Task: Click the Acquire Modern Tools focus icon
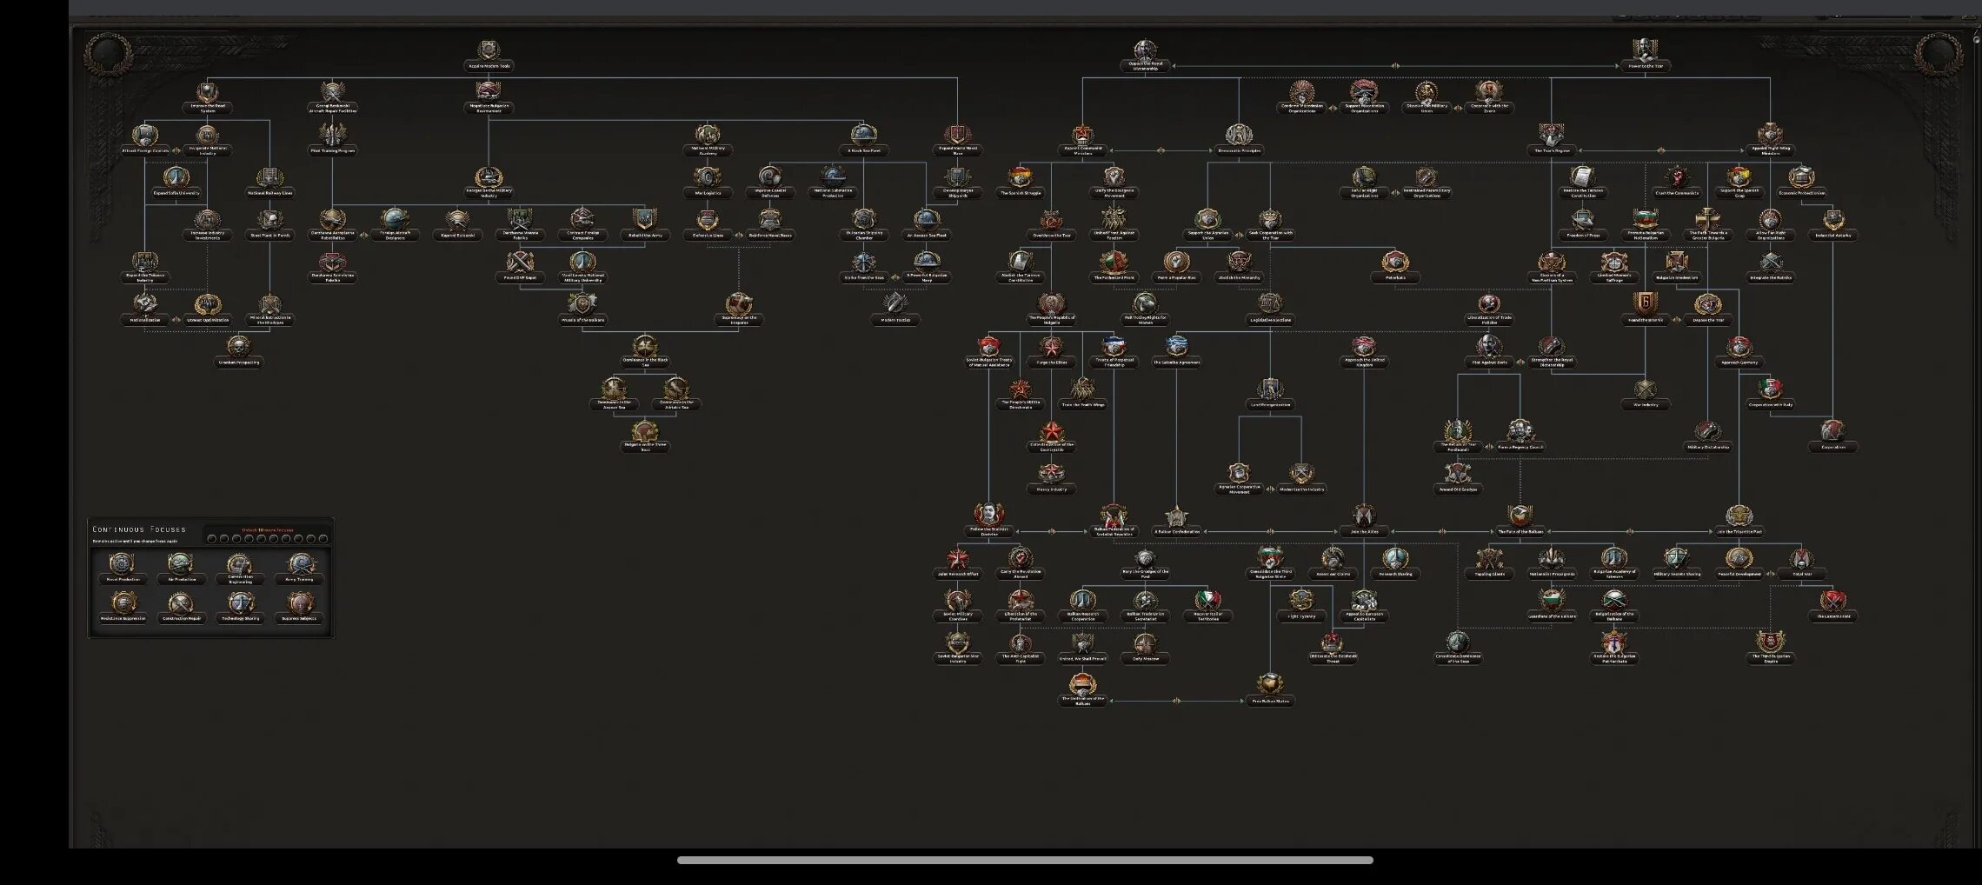click(489, 51)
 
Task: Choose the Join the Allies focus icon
click(1363, 516)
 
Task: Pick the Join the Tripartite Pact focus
click(1738, 516)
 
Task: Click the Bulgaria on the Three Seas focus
click(644, 432)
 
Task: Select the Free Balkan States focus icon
click(1269, 685)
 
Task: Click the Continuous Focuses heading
click(139, 529)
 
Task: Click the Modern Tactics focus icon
click(895, 304)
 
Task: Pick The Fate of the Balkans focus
click(1520, 516)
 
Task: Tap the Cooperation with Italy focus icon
click(1770, 389)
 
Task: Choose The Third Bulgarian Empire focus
click(1770, 643)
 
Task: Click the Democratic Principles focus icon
click(1239, 136)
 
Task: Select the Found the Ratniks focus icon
click(1644, 304)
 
